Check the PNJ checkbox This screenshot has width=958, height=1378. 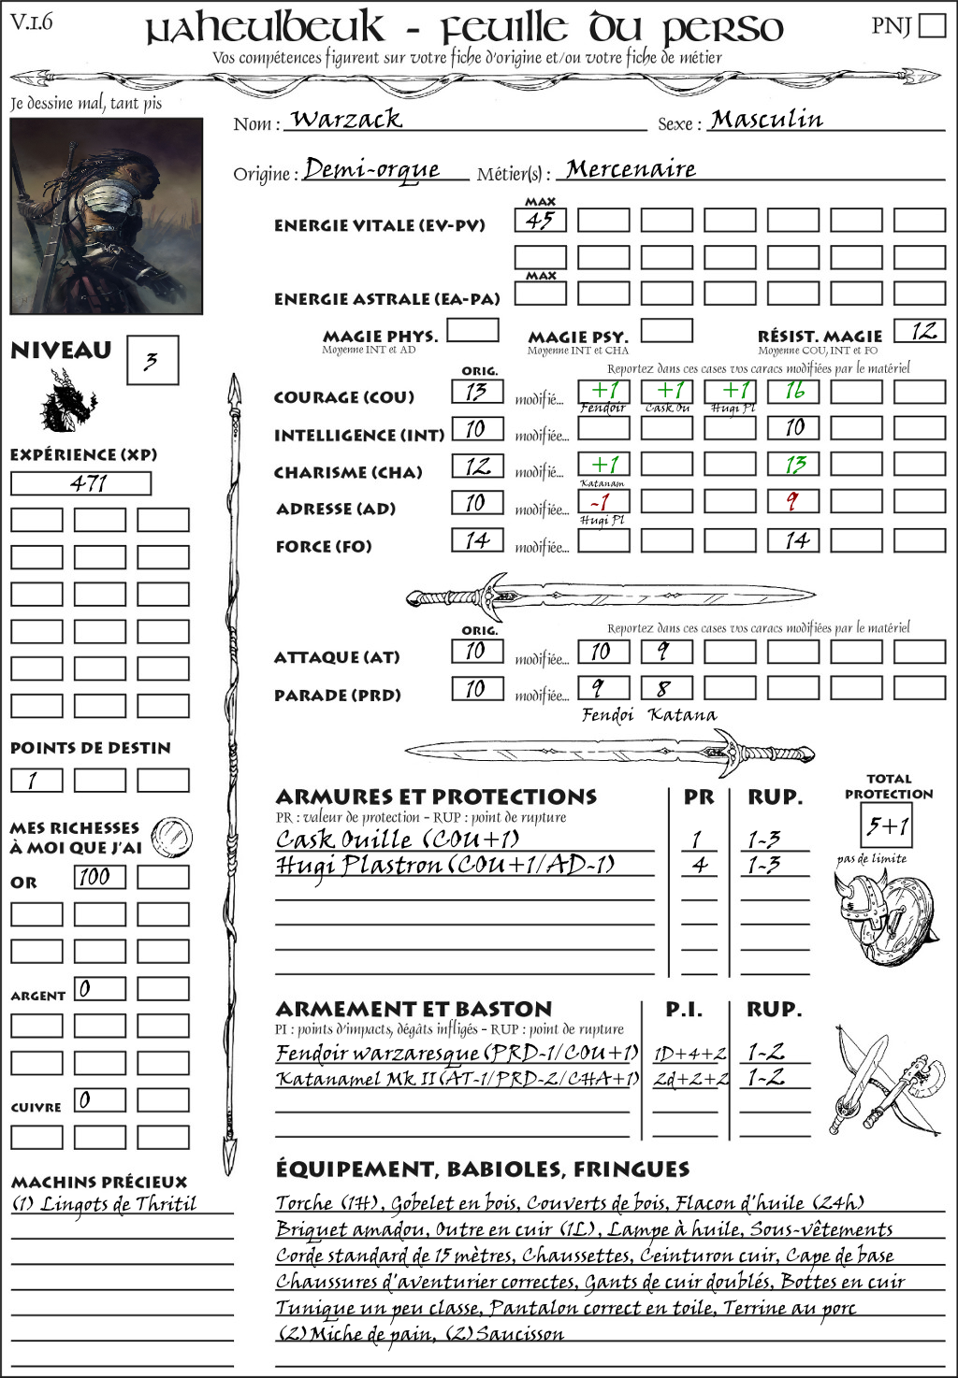click(932, 25)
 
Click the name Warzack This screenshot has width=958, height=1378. click(346, 119)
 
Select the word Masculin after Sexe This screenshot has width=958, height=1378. click(766, 119)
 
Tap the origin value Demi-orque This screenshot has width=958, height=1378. click(372, 169)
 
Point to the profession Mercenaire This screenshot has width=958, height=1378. click(631, 169)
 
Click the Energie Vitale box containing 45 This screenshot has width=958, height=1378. click(540, 221)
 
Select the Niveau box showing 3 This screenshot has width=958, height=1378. click(152, 361)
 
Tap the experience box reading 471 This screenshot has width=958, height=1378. click(80, 483)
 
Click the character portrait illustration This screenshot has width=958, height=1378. click(106, 216)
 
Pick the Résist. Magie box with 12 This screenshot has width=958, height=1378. click(920, 331)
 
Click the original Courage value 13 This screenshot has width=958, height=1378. click(477, 392)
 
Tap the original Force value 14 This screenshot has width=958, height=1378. click(477, 540)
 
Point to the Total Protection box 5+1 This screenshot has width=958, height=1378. click(887, 826)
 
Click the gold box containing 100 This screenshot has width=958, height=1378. click(99, 877)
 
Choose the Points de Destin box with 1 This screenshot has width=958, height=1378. click(36, 780)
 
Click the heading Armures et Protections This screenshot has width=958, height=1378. click(436, 797)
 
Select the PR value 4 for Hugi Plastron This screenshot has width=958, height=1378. click(699, 865)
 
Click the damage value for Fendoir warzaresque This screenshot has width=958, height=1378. click(689, 1054)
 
